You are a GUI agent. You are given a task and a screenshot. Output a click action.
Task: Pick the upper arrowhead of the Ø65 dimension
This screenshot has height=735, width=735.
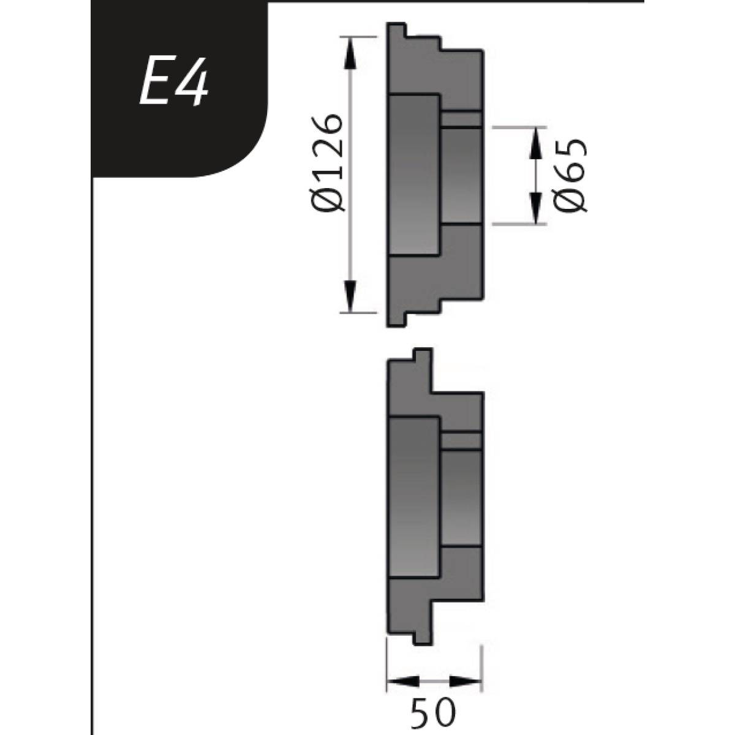(x=536, y=142)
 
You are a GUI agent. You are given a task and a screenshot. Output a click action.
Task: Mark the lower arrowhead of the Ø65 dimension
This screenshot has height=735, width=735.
(x=536, y=208)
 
